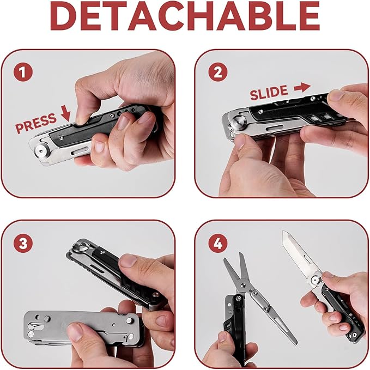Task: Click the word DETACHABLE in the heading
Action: [185, 16]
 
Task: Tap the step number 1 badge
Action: [23, 72]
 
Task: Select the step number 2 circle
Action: [218, 72]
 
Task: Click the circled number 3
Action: [23, 243]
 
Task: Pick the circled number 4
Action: [218, 243]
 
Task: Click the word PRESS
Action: [36, 123]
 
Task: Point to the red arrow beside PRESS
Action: [65, 113]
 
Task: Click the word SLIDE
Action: [269, 93]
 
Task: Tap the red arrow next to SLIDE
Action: [302, 88]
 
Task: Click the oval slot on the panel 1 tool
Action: [80, 150]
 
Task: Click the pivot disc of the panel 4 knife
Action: [315, 280]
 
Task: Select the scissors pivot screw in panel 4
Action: [254, 293]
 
